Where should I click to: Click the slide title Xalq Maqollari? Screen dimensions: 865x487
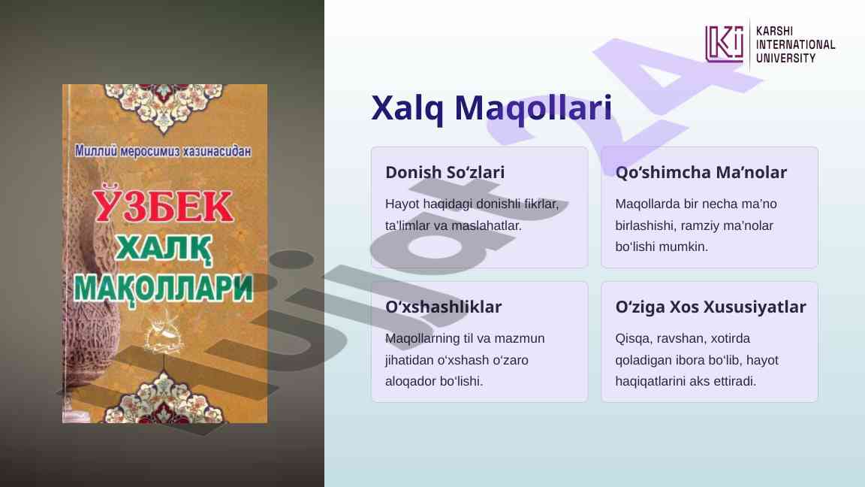coord(492,107)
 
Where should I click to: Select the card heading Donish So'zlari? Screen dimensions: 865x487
coord(445,172)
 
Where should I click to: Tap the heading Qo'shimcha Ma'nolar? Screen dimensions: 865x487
coord(701,172)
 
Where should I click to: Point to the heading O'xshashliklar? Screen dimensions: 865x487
coord(443,307)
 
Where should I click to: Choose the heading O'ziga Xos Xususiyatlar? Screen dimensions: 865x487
coord(710,307)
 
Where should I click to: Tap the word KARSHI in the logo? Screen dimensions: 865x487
coord(774,32)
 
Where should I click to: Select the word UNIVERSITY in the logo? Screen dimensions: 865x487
coord(785,58)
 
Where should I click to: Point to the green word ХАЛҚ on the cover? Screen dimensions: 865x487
coord(164,249)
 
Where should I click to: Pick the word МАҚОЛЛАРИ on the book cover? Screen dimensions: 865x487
coord(163,289)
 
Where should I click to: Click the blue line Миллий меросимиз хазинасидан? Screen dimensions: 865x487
coord(163,151)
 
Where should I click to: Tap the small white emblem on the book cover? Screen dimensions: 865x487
coord(163,332)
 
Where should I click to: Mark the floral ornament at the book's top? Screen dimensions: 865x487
coord(163,107)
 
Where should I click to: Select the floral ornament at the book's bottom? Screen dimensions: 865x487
coord(163,398)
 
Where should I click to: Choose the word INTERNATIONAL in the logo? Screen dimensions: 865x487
coord(795,45)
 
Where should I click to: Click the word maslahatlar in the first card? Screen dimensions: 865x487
coord(486,225)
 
